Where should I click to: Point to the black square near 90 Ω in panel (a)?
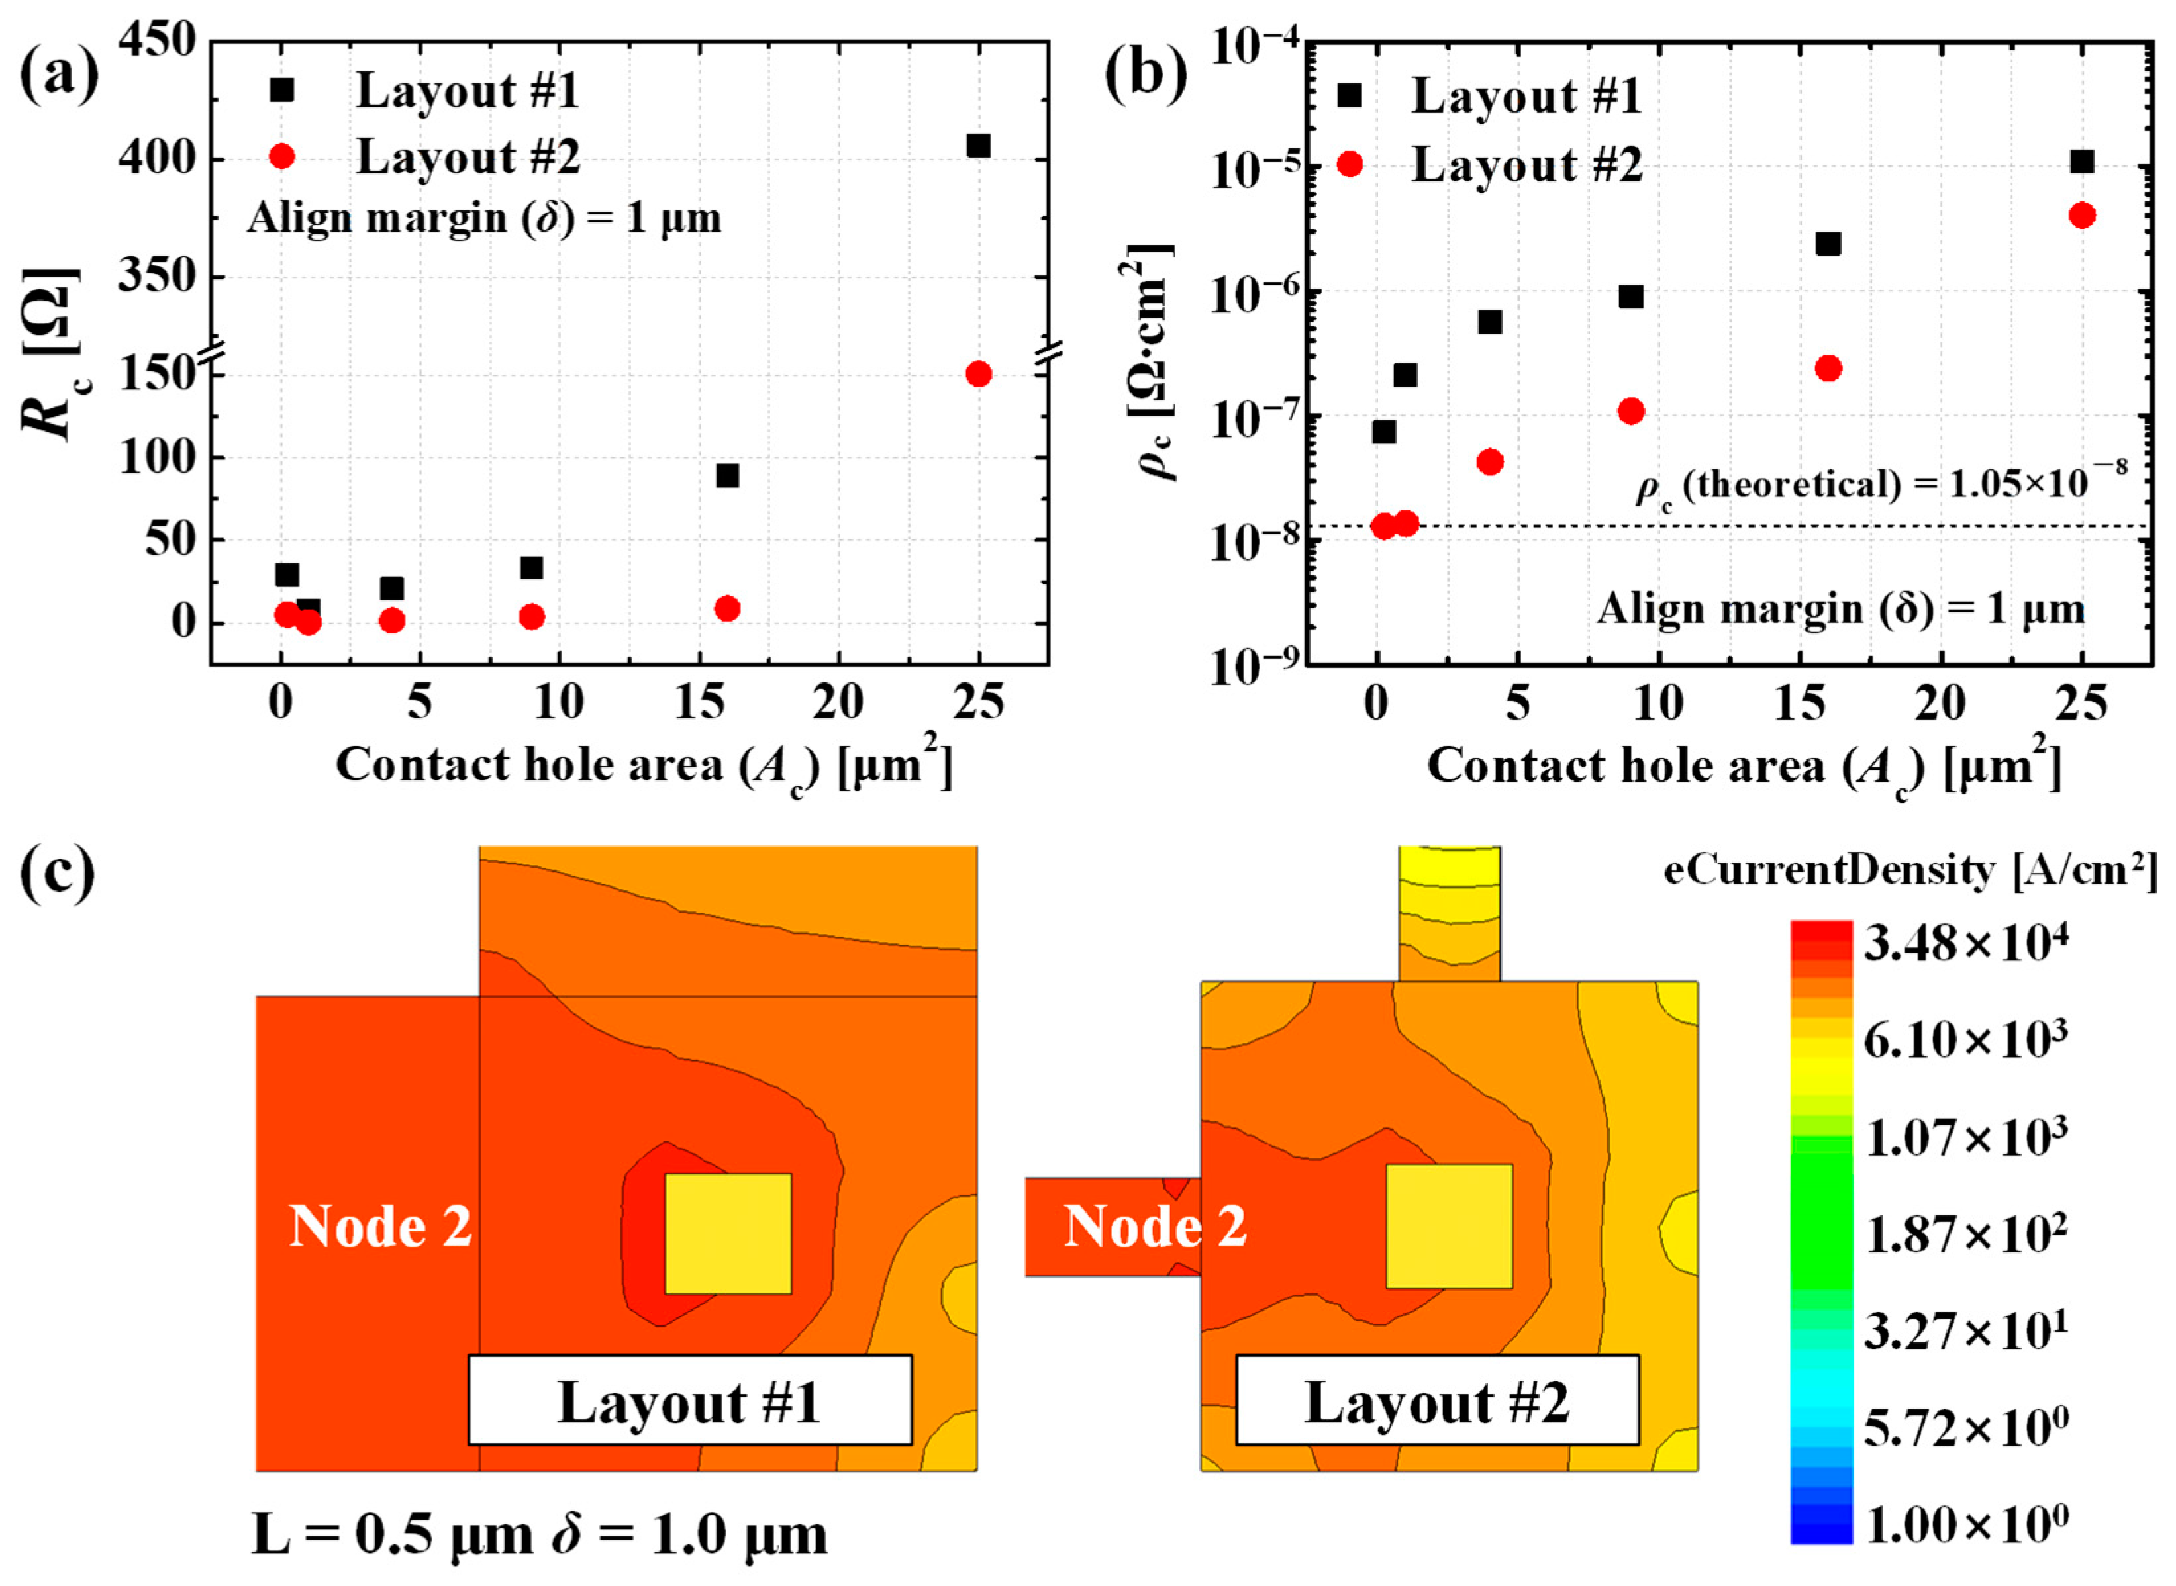pyautogui.click(x=727, y=476)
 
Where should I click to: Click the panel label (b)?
pyautogui.click(x=1145, y=76)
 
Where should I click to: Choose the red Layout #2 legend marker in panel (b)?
pyautogui.click(x=1350, y=164)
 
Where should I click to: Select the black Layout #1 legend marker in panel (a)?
pyautogui.click(x=281, y=90)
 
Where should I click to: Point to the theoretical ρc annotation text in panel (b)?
pyautogui.click(x=1880, y=483)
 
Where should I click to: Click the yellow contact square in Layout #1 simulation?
pyautogui.click(x=728, y=1234)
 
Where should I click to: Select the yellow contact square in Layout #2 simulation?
pyautogui.click(x=1448, y=1226)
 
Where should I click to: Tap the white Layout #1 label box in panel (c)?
pyautogui.click(x=689, y=1400)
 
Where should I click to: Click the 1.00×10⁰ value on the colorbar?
pyautogui.click(x=1965, y=1522)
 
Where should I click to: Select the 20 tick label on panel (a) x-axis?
pyautogui.click(x=838, y=704)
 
